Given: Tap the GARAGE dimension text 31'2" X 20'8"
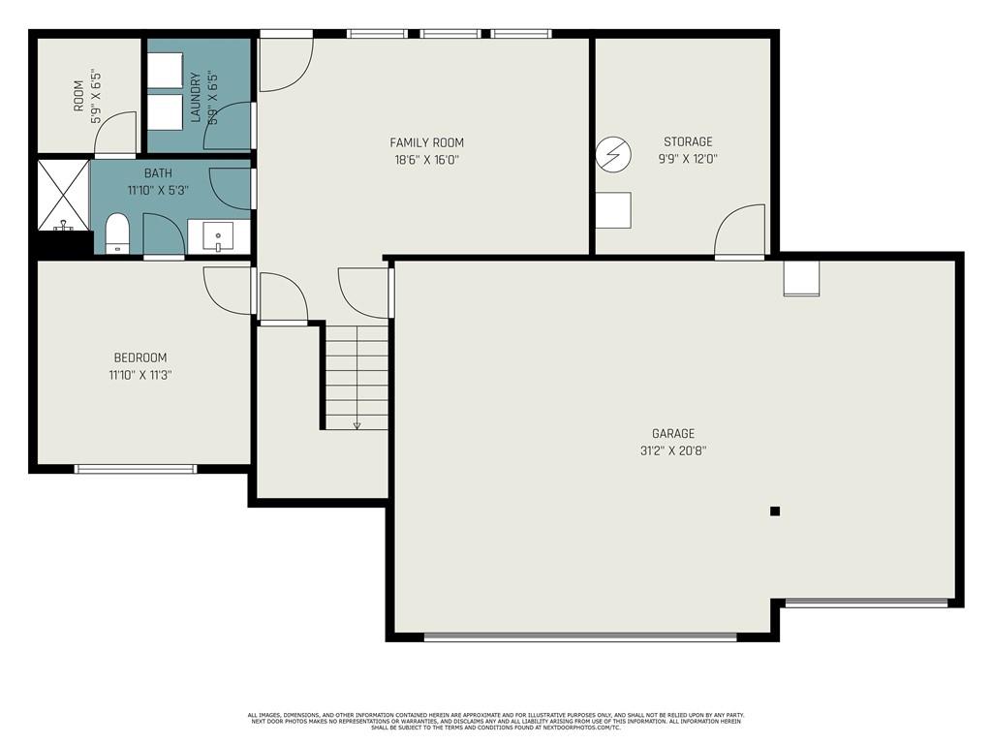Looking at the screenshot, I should (672, 450).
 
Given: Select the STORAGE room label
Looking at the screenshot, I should (688, 141).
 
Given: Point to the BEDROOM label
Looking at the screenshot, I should (139, 357).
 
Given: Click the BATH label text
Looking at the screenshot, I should (158, 173).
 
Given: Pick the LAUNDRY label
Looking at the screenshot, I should (195, 97).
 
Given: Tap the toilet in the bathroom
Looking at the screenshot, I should (117, 233).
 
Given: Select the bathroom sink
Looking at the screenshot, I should (218, 235).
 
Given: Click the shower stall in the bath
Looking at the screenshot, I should (63, 195).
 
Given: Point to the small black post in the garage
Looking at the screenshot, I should (774, 511).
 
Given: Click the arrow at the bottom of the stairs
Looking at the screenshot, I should (356, 424).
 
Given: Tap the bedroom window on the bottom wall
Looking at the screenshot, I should (136, 469).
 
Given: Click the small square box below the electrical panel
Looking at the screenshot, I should (612, 210).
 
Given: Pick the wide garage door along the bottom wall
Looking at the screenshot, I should (580, 636).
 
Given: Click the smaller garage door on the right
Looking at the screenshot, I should (866, 603).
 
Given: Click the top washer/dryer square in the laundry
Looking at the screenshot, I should (166, 71).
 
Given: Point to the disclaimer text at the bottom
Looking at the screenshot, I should (495, 721).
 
